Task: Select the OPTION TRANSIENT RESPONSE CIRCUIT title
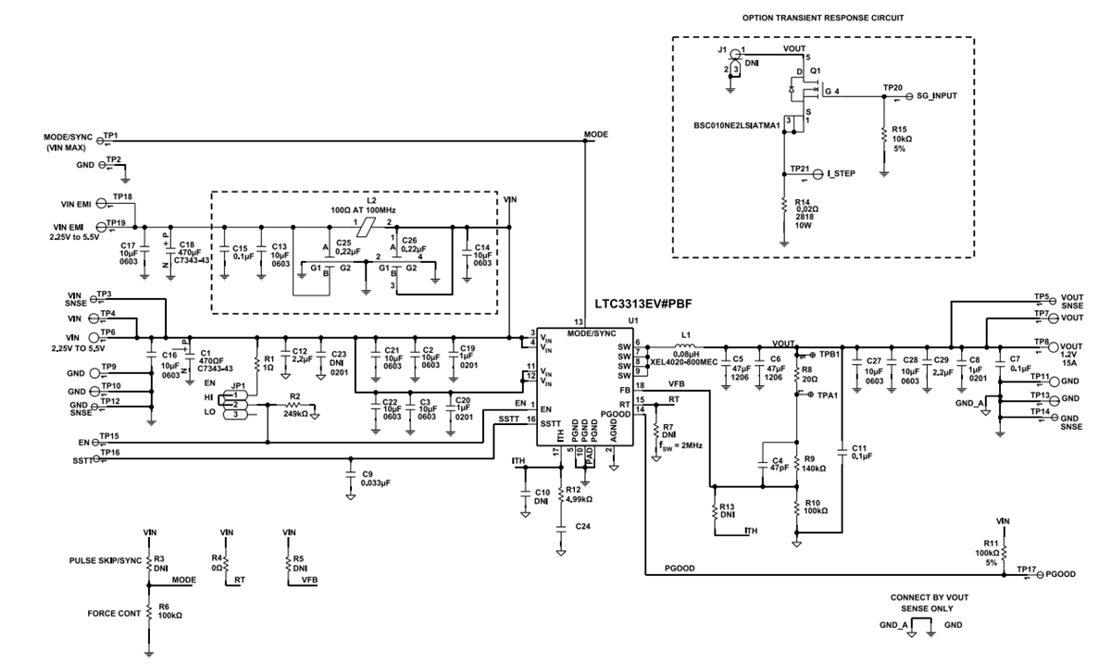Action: click(822, 18)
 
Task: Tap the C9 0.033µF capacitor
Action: click(350, 475)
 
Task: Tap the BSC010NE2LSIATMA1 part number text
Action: click(736, 124)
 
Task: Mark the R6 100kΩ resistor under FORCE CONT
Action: click(149, 614)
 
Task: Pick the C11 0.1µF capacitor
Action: click(841, 451)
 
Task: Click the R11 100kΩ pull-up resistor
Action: click(1004, 552)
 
